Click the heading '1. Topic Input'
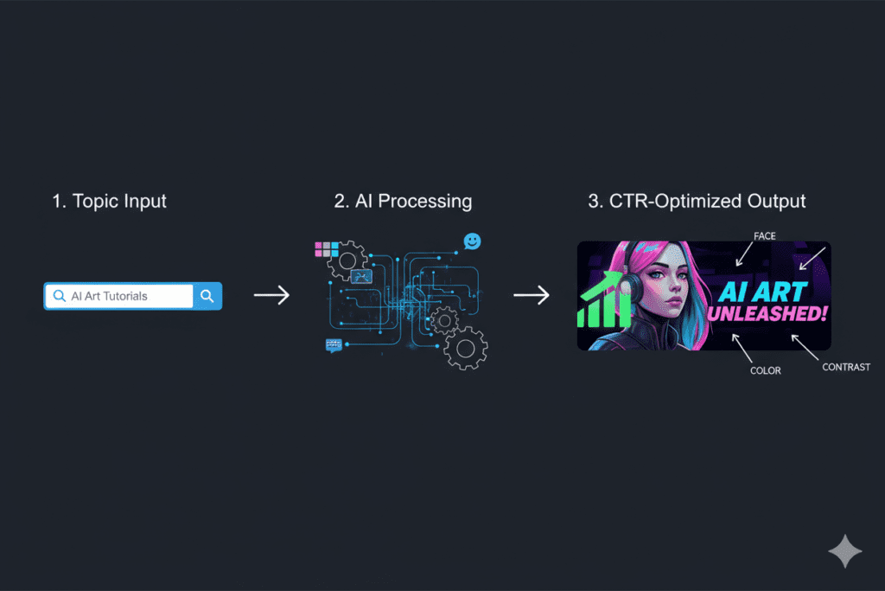(x=108, y=202)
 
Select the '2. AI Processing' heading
(x=403, y=202)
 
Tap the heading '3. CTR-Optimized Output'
(x=697, y=202)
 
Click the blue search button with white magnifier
(x=207, y=296)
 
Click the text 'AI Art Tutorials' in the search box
(x=109, y=296)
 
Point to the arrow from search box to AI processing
(x=271, y=296)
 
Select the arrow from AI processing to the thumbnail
(x=532, y=296)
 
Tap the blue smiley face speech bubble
(x=472, y=241)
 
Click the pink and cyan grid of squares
(x=327, y=250)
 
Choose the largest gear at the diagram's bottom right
(x=467, y=348)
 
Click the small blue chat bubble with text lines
(x=334, y=345)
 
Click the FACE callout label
(x=766, y=234)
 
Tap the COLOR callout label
(x=765, y=370)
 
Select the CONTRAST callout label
(x=845, y=368)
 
